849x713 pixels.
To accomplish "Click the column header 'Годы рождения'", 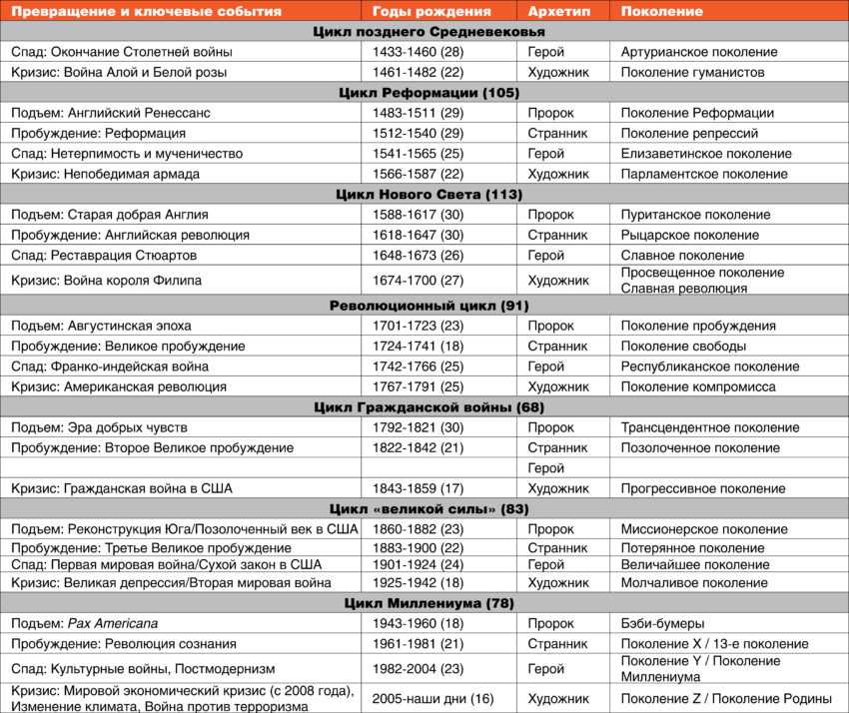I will click(x=431, y=11).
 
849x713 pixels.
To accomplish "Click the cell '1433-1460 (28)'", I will click(x=418, y=52).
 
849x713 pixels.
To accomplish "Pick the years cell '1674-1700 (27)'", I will click(x=418, y=281).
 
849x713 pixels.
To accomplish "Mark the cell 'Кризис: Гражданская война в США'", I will click(x=121, y=489).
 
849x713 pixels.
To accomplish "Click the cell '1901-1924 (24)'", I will click(x=418, y=564).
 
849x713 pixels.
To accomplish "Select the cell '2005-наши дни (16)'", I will click(x=432, y=698).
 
